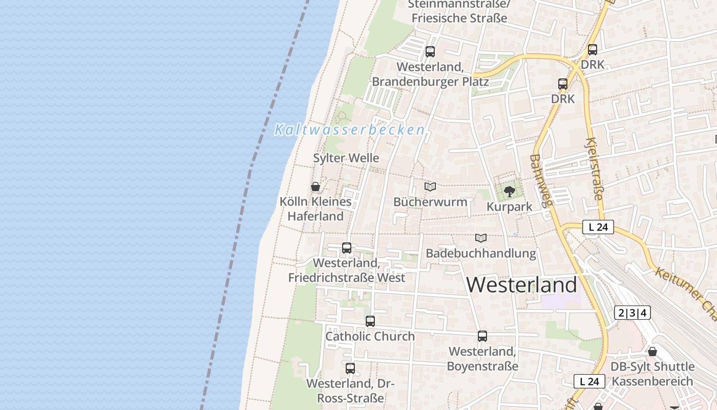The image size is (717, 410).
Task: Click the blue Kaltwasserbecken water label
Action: tap(350, 130)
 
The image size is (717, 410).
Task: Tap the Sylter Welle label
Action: tap(346, 158)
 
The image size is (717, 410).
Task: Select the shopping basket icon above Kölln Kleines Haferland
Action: tap(315, 187)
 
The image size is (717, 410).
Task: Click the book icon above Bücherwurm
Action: tap(430, 187)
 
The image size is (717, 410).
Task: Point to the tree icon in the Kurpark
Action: tap(509, 192)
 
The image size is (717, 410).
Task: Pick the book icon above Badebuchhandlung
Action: tap(480, 238)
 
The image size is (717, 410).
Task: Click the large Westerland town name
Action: tap(522, 285)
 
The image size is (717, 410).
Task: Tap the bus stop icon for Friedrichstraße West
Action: tap(347, 248)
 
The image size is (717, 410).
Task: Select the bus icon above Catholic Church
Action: tap(370, 321)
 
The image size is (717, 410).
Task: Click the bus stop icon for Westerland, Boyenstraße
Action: tap(482, 336)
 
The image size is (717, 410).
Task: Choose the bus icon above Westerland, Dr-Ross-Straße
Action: tap(350, 368)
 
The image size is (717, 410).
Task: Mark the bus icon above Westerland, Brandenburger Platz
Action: tap(430, 52)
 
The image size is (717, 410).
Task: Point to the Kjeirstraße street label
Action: tap(594, 169)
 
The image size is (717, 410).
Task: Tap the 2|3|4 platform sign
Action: tap(632, 313)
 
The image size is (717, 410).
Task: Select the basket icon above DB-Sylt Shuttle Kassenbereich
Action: tap(652, 352)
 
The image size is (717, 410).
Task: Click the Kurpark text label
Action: tap(510, 207)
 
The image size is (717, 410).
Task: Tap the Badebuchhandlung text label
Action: tap(481, 253)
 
